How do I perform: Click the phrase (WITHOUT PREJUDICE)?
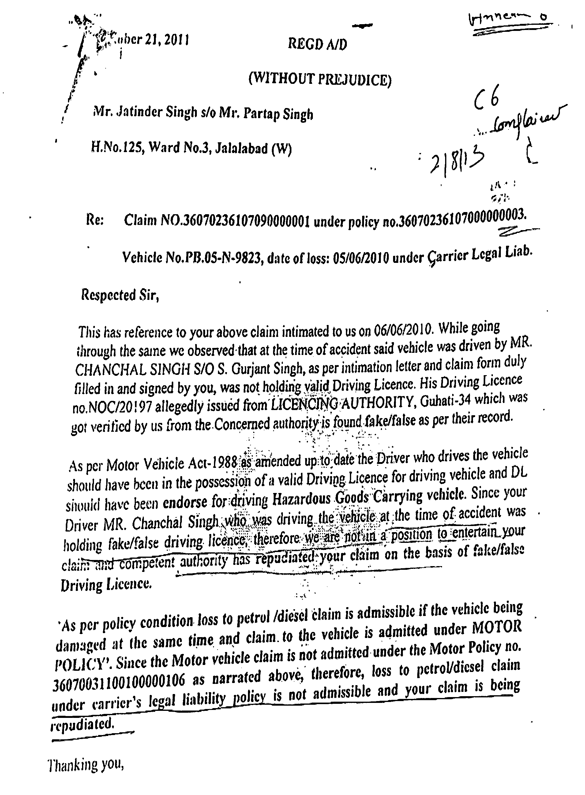pyautogui.click(x=320, y=79)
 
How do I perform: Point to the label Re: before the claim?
pyautogui.click(x=95, y=221)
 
